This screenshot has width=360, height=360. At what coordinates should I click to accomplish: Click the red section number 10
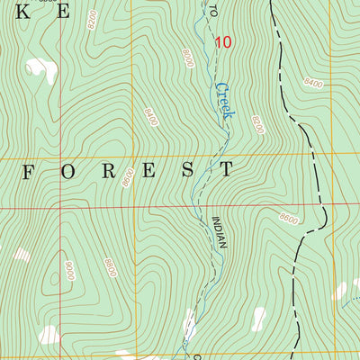[x=223, y=41]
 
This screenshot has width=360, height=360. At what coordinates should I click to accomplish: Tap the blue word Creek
[x=224, y=102]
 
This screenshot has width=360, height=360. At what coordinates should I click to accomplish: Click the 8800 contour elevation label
[x=109, y=267]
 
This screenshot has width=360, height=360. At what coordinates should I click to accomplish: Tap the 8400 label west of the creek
[x=149, y=114]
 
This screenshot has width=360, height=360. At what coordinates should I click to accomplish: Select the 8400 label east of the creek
[x=314, y=84]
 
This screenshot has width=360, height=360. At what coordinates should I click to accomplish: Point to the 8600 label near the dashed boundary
[x=288, y=218]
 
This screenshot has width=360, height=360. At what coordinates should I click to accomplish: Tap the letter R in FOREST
[x=106, y=169]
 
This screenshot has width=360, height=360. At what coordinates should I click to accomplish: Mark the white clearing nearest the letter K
[x=37, y=68]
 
